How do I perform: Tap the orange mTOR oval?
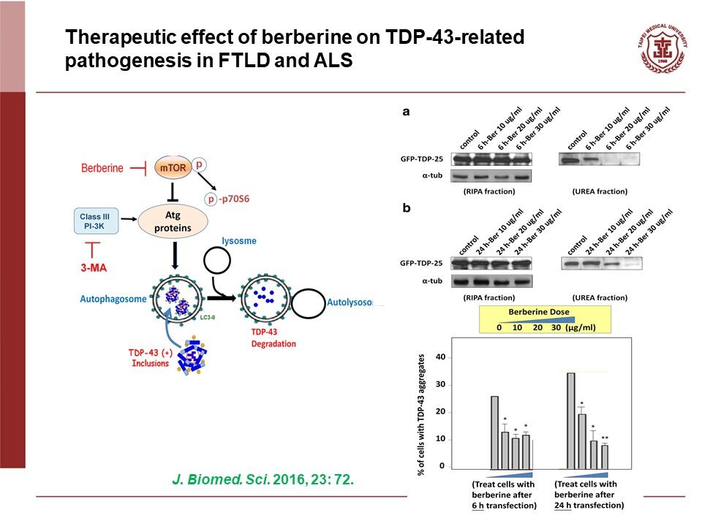click(x=173, y=167)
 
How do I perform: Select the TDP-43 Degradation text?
click(x=262, y=338)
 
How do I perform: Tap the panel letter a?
click(x=406, y=111)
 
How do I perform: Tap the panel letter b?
click(x=406, y=208)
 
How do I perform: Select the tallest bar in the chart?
click(x=570, y=420)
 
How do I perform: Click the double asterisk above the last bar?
click(x=604, y=438)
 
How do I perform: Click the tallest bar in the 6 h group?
click(x=494, y=432)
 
